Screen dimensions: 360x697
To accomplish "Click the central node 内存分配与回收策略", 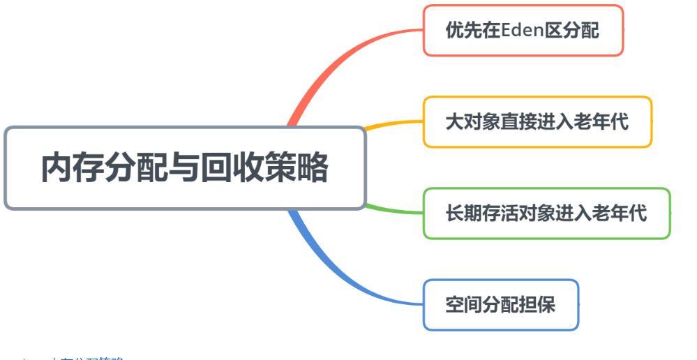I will (185, 167).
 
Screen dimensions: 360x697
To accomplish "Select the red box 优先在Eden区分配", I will (523, 31).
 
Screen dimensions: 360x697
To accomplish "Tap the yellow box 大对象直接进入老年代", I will (537, 122).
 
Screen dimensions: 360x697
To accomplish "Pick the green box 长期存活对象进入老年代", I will (546, 213).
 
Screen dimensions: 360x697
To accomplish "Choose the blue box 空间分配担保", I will (500, 305).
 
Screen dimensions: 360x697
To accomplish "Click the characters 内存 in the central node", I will (69, 168).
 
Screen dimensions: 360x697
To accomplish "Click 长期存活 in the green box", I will (482, 213).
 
